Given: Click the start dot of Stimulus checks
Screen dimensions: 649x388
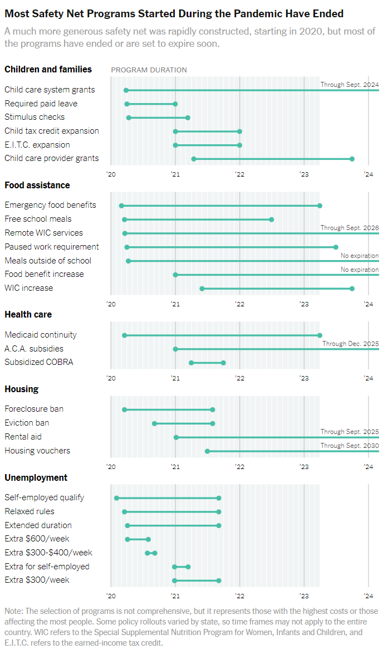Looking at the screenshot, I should pos(129,118).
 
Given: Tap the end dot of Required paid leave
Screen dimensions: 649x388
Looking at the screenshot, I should pos(175,104).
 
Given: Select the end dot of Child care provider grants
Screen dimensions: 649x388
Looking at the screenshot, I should pos(352,159).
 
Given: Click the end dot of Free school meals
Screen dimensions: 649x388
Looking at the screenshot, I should pos(272,219).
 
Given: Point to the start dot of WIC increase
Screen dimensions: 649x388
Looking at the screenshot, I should pos(202,289).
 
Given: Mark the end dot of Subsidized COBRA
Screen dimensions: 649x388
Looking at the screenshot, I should pos(223,363).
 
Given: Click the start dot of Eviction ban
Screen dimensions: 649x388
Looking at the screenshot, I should pos(154,423).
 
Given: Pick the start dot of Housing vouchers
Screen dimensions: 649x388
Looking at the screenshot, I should pos(207,451).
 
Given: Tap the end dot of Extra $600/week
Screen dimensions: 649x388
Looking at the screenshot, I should pos(148,539).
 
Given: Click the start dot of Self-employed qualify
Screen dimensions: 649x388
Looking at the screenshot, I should pos(116,498).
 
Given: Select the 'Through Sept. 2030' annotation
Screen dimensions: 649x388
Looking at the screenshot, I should pos(350,446).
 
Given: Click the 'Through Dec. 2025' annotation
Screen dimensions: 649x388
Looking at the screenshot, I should pos(351,344).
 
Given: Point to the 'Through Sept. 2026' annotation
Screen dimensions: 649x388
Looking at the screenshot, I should pos(350,228).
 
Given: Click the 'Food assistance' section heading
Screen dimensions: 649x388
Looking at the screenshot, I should pos(37,185).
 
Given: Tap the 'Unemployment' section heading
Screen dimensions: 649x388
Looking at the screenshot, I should pos(36,477).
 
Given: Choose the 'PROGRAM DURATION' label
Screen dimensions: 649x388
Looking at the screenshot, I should pos(149,70).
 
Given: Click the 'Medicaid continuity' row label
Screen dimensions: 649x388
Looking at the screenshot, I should pos(41,335).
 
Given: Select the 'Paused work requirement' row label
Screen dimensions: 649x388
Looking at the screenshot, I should pos(52,247).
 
